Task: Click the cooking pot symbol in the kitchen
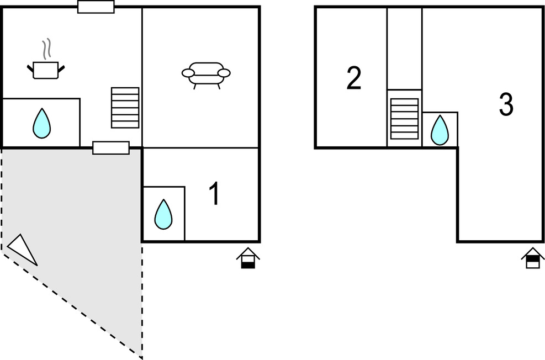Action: coord(46,70)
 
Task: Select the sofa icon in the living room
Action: coord(206,73)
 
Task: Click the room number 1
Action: coord(214,194)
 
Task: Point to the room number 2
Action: coord(354,78)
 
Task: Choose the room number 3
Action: coord(506,104)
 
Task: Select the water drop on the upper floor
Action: coord(440,130)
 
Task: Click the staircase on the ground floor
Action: coord(125,108)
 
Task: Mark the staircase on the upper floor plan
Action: coord(404,119)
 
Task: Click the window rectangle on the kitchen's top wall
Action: coord(96,7)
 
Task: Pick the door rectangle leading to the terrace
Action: coord(110,148)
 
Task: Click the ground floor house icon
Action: coord(248,258)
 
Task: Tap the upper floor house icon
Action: coord(532,258)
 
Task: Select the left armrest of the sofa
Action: coord(189,73)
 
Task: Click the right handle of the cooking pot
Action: coord(61,68)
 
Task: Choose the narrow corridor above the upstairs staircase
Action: coord(404,49)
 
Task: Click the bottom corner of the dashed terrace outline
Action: coord(142,357)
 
